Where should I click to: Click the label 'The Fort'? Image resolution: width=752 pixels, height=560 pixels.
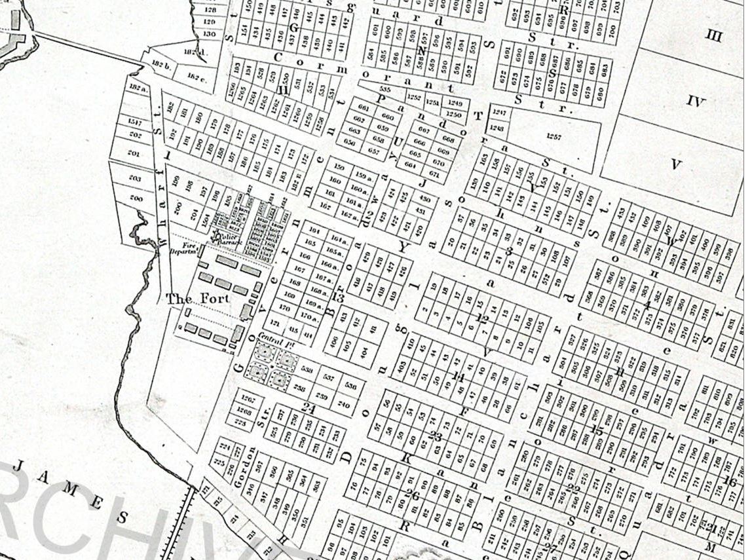tap(198, 299)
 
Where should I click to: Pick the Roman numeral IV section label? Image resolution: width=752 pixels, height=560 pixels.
tap(696, 102)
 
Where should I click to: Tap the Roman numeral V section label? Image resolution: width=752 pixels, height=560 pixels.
tap(676, 164)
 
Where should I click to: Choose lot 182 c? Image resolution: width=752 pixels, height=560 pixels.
tap(195, 76)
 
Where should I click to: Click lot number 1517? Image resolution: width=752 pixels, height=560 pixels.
tap(135, 122)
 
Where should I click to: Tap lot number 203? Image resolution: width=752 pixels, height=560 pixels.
tap(135, 178)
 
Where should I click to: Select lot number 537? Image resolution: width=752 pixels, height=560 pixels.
tap(329, 378)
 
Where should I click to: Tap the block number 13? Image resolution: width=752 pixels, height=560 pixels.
tap(338, 297)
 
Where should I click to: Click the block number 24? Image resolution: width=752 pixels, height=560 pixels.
tap(308, 408)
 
